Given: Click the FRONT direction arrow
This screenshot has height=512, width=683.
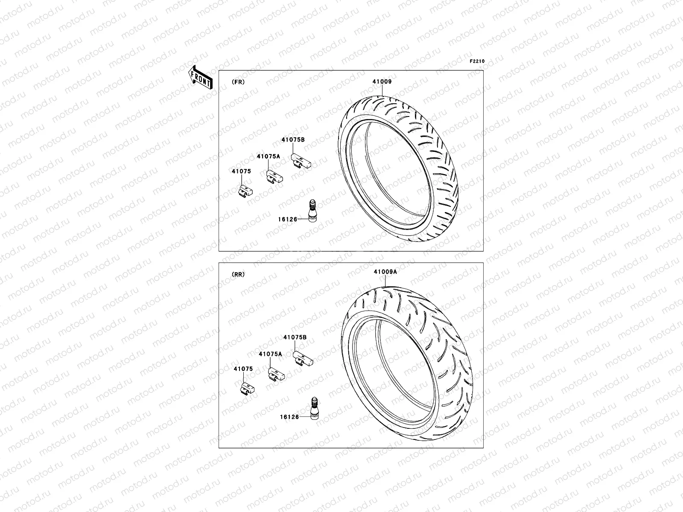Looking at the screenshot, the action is point(201,78).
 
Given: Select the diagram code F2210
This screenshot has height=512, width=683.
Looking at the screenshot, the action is point(477,61).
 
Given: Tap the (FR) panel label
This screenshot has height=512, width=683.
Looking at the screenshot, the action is point(238,82).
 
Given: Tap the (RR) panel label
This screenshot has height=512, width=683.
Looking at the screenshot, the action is point(238,274).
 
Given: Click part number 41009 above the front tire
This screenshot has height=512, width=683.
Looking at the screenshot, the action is point(382,81).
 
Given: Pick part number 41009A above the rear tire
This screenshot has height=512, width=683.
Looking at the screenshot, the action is point(385,272).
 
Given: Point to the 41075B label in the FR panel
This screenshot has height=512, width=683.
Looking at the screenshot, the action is point(293,140).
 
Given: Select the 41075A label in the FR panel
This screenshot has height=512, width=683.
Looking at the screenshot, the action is point(268,156).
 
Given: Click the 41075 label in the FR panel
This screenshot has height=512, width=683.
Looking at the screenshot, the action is point(241,171).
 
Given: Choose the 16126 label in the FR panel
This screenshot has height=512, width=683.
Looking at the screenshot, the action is point(288,219).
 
